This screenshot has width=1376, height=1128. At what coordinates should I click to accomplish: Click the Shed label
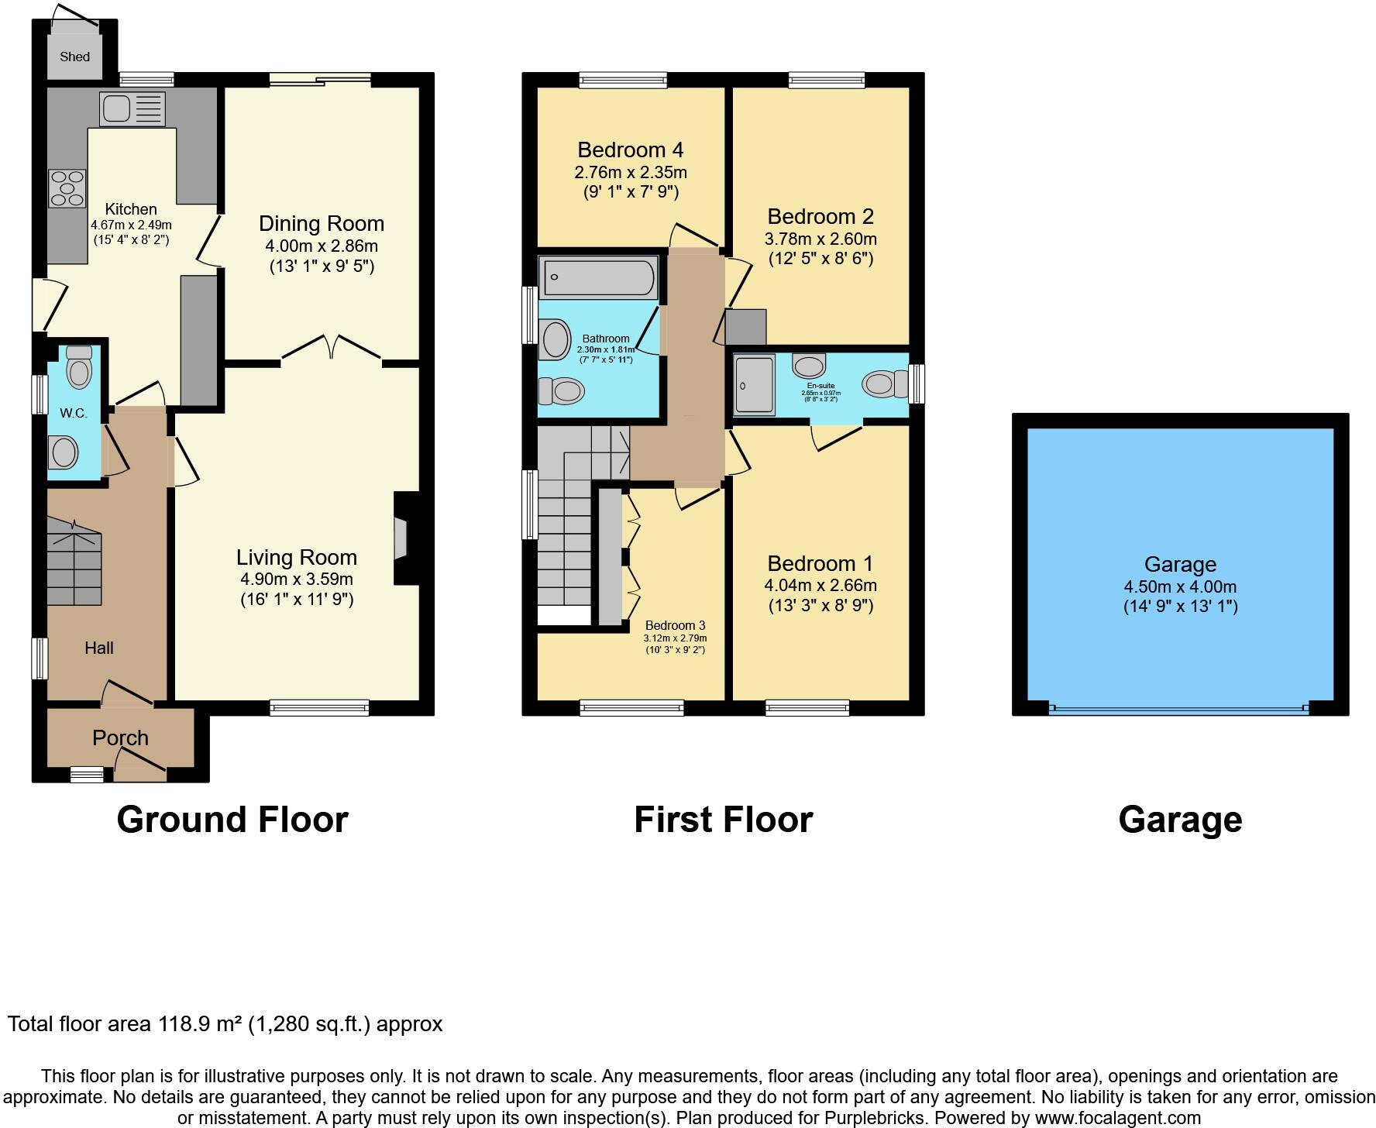[x=75, y=57]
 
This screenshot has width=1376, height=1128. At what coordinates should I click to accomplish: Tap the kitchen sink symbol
[x=132, y=108]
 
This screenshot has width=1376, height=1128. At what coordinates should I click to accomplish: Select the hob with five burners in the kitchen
[x=67, y=188]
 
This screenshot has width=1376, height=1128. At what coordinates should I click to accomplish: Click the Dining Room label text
[x=322, y=224]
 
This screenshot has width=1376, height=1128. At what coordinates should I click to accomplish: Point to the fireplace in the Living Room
[x=401, y=538]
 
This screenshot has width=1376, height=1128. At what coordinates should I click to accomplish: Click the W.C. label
[x=74, y=413]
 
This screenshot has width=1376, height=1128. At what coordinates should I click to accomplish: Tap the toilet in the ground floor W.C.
[x=79, y=367]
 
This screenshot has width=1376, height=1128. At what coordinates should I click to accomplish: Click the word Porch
[x=120, y=738]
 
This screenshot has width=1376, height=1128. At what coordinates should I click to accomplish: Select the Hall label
[x=99, y=648]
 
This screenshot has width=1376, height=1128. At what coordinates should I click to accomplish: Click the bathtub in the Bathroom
[x=599, y=278]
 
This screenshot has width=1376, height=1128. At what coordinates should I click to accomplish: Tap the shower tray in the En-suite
[x=754, y=384]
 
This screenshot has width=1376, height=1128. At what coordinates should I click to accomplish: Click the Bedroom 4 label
[x=631, y=150]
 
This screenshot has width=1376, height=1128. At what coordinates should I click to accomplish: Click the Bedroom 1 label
[x=820, y=563]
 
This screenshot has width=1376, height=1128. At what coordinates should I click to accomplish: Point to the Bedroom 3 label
[x=675, y=625]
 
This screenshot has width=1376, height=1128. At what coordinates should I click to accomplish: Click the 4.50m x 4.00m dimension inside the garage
[x=1180, y=586]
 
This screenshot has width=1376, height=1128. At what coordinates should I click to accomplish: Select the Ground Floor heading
[x=232, y=820]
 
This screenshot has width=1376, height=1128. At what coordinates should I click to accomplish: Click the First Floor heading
[x=723, y=820]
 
